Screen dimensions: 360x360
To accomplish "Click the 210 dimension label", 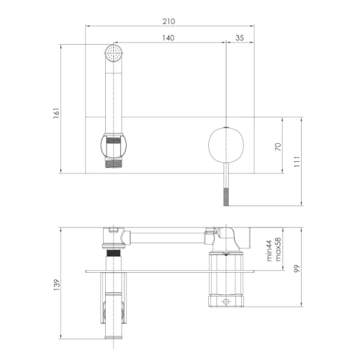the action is point(169,22).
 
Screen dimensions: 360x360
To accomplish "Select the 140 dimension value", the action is point(168,38).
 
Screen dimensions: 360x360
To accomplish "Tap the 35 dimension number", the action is point(240,38).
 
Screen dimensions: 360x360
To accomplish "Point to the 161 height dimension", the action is point(56,113).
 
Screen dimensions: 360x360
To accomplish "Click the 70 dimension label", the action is point(278,147).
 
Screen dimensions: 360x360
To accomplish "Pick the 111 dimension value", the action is point(297,161).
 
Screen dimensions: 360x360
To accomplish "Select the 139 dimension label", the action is point(56,285).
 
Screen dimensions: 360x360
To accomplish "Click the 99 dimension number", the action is point(297,269).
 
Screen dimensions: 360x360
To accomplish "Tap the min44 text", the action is point(269,251).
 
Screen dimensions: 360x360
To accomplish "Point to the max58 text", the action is point(278,249).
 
